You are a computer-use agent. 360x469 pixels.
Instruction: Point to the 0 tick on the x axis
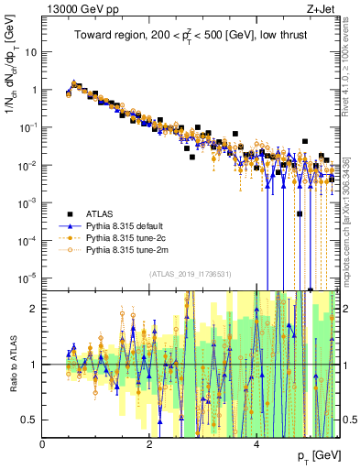point(43,444)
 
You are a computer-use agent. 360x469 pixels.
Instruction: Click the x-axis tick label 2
point(149,444)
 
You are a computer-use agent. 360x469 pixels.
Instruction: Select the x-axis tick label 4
point(256,444)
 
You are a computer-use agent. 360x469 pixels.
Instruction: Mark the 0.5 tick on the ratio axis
point(29,420)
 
